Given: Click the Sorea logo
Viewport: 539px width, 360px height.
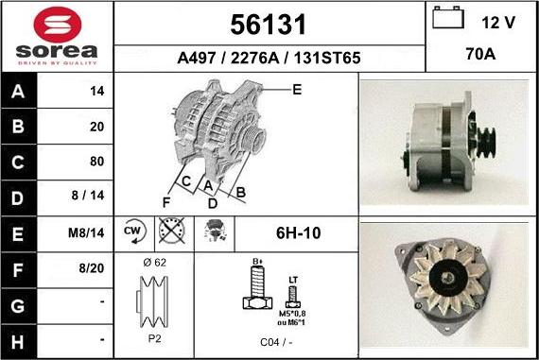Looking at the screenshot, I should click(57, 36).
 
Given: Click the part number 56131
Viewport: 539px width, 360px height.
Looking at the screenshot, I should click(269, 24).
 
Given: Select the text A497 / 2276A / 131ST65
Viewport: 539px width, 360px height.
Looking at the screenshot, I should click(269, 58).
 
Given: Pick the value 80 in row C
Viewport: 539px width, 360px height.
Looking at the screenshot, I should click(96, 161).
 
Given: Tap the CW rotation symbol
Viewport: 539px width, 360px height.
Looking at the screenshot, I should click(133, 231).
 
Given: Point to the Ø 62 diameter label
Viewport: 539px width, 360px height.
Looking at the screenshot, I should click(155, 262).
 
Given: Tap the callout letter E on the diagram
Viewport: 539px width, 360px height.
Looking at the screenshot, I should click(296, 90).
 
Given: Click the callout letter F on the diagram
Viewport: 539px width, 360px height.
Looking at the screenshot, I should click(166, 203).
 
